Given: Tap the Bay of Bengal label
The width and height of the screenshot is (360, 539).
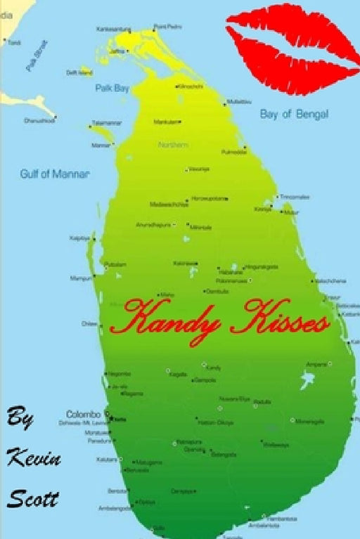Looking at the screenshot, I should (x=294, y=114).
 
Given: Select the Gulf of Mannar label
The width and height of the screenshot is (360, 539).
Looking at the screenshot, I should (x=54, y=174).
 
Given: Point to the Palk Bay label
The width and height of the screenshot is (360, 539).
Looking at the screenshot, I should (x=111, y=88).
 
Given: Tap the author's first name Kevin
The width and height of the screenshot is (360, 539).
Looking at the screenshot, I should (x=34, y=460).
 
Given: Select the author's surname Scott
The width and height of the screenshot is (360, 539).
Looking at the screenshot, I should (x=32, y=497).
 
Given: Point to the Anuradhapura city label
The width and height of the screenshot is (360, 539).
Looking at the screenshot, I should (x=153, y=225).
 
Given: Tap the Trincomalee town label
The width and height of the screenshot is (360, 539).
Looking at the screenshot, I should (x=295, y=197).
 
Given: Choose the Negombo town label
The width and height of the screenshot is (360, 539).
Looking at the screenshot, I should (x=119, y=373).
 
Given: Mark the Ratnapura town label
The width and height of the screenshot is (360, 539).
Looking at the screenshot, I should (x=188, y=441).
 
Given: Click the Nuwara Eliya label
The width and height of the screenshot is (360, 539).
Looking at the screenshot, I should (x=235, y=398).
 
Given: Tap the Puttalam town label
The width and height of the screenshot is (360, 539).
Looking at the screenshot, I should (x=115, y=264).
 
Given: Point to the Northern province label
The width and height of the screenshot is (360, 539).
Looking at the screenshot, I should (x=174, y=145).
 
